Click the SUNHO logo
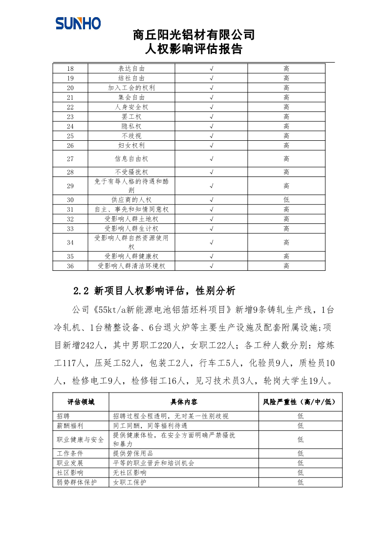point(78,23)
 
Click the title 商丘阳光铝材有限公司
point(194,35)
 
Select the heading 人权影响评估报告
point(194,49)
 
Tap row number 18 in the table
point(70,69)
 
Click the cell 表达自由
point(131,69)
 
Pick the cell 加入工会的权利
point(131,88)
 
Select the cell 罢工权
point(131,117)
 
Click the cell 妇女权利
point(131,146)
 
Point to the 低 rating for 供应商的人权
point(286,200)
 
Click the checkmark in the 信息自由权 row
point(211,159)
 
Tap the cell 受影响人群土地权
point(131,219)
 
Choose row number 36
point(70,266)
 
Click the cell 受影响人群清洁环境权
point(131,266)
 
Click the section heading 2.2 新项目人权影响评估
point(154,291)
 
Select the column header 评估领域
point(81,402)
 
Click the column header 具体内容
point(184,402)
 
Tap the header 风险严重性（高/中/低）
point(300,402)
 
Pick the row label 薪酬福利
point(70,425)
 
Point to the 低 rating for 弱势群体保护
point(300,482)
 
